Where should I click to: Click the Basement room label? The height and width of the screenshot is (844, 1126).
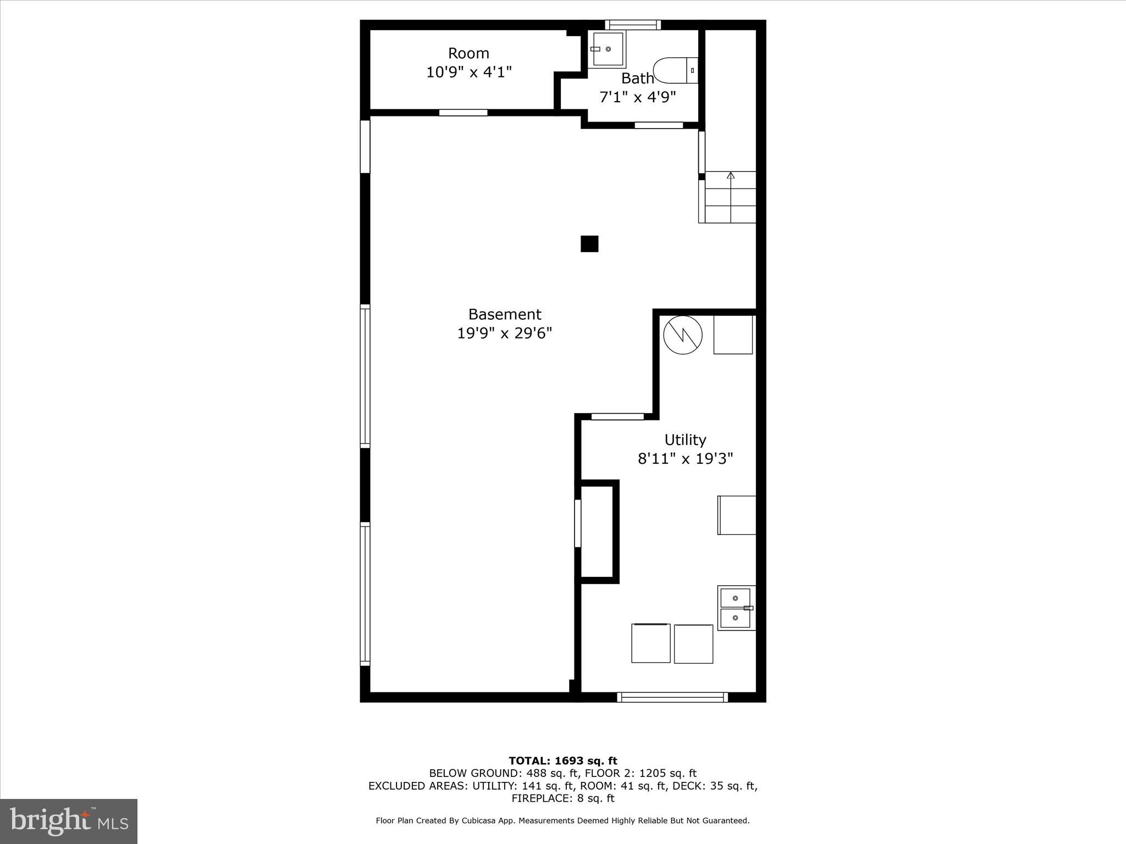(504, 314)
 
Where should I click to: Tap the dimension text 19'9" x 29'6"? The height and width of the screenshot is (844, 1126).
(504, 333)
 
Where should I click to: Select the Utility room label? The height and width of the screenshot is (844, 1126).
(685, 440)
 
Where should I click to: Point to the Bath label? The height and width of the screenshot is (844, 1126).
(637, 79)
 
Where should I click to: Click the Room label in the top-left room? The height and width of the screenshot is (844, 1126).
(468, 53)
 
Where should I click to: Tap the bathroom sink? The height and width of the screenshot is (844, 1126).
(607, 49)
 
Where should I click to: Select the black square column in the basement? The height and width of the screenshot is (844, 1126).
(589, 244)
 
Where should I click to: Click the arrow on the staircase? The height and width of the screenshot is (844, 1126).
(730, 176)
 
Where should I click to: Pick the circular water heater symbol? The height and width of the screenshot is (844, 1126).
(683, 335)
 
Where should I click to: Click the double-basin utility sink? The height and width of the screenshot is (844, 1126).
(736, 608)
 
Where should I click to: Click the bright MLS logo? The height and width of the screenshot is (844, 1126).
(69, 821)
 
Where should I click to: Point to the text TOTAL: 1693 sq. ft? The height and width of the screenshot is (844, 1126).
(562, 760)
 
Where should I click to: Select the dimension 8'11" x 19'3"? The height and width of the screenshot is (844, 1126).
(685, 459)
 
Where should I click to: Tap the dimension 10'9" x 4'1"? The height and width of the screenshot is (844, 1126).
(469, 72)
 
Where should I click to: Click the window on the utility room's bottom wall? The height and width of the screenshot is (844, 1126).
(672, 697)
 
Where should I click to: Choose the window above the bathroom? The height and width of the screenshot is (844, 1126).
(633, 25)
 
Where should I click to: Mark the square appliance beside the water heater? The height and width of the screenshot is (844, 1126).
(733, 335)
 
